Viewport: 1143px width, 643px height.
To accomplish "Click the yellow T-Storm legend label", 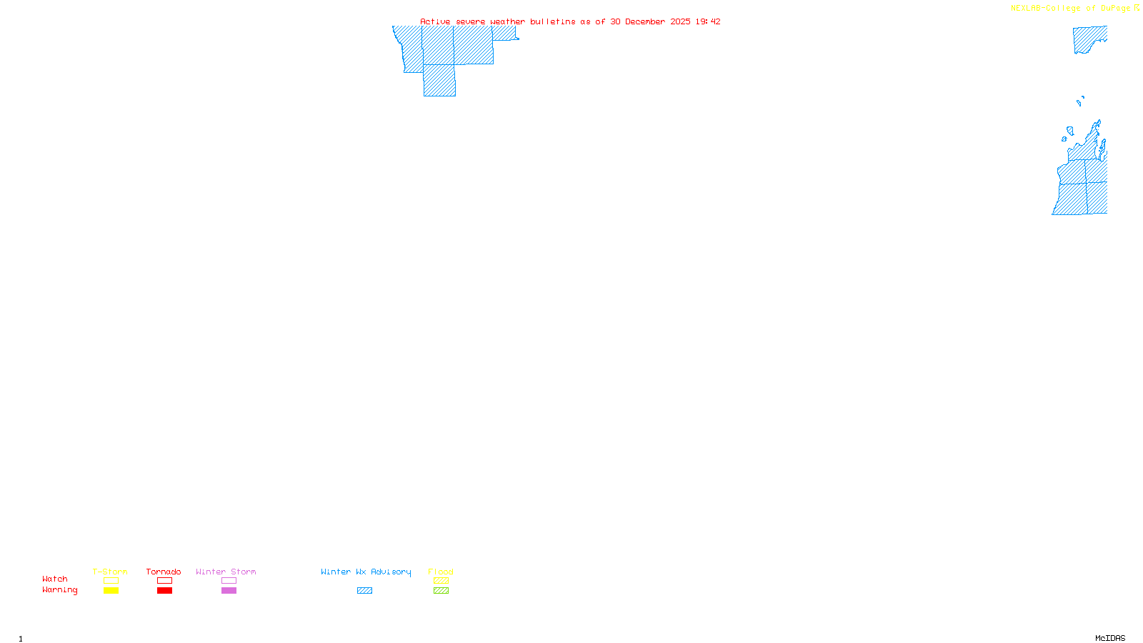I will tap(110, 572).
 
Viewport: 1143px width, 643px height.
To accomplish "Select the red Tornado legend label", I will tap(164, 572).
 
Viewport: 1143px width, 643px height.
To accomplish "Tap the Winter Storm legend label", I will tap(226, 572).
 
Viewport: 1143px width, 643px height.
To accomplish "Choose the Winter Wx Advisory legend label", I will tap(366, 572).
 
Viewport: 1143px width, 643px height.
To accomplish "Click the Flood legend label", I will tap(441, 572).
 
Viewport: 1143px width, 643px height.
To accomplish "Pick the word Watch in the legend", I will tap(55, 579).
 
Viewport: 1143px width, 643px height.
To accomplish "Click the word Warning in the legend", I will tap(59, 590).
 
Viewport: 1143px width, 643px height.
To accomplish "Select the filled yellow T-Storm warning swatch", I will tap(111, 591).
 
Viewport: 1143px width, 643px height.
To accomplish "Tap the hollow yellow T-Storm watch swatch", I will tap(111, 581).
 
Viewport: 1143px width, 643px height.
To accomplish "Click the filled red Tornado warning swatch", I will tap(164, 591).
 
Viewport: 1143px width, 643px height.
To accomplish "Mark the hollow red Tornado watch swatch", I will tap(164, 581).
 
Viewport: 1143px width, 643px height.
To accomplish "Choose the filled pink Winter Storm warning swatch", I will tap(229, 591).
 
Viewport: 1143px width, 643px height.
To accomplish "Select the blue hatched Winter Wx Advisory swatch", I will tap(364, 591).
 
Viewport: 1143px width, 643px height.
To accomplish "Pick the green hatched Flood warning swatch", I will tap(441, 591).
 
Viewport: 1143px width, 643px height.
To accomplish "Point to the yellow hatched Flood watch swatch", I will tap(441, 581).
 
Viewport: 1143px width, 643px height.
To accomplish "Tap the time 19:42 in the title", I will tap(708, 21).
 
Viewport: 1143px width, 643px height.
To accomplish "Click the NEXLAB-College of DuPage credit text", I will tap(1071, 8).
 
